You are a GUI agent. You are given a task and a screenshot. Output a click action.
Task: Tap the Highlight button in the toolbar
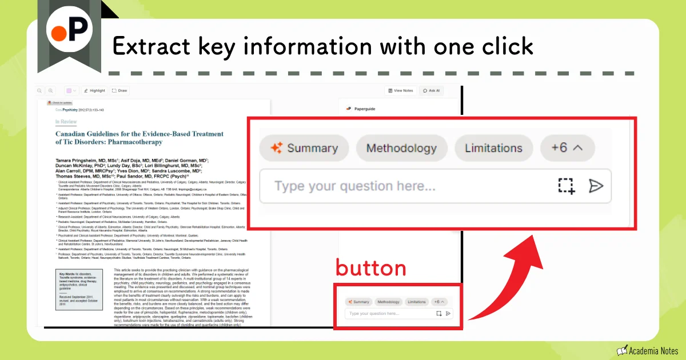click(94, 90)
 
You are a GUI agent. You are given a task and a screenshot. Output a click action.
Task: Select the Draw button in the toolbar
click(120, 90)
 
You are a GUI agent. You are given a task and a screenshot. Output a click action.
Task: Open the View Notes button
click(400, 90)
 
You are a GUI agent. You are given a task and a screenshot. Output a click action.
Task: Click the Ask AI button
click(431, 90)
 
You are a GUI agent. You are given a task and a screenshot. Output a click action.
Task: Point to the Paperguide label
click(364, 109)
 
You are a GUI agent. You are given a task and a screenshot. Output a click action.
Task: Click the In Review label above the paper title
click(66, 122)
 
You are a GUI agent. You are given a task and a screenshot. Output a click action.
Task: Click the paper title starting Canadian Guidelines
click(139, 138)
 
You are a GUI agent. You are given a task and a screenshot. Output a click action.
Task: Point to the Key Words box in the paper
click(79, 289)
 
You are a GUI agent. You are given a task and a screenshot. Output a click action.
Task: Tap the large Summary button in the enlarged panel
click(304, 149)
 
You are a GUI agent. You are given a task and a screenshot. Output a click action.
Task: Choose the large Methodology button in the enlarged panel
click(401, 149)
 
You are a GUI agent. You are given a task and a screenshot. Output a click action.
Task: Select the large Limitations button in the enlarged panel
click(493, 149)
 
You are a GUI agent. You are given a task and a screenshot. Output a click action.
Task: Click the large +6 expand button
click(567, 148)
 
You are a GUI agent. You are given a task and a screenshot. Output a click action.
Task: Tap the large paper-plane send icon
click(596, 186)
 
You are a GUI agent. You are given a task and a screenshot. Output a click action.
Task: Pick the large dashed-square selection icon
click(566, 186)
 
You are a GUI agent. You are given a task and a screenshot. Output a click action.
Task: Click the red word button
click(370, 268)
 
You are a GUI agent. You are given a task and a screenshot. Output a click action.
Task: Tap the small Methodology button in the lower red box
click(388, 302)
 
